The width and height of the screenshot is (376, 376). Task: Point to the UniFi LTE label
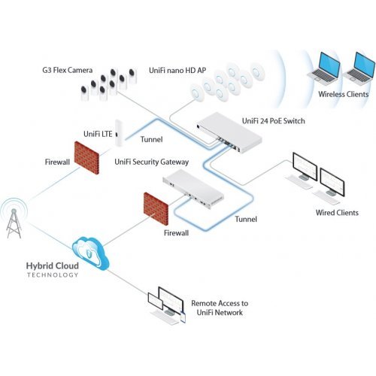(x=97, y=132)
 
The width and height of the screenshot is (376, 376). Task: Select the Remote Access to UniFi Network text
(x=220, y=307)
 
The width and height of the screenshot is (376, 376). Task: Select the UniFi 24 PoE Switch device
(x=228, y=125)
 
